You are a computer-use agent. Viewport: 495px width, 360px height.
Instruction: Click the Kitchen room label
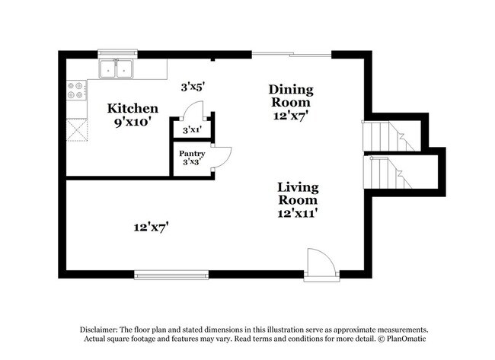pos(133,109)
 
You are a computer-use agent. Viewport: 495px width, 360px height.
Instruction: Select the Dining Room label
pos(291,96)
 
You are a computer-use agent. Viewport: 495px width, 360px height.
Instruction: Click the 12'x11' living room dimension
pos(298,214)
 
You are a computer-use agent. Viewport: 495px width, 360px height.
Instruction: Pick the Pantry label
pos(192,154)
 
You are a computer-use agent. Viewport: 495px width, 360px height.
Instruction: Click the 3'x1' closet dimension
pos(192,130)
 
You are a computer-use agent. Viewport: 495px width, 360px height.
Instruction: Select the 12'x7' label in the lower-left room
pos(151,226)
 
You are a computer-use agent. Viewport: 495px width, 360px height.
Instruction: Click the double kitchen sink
pos(117,70)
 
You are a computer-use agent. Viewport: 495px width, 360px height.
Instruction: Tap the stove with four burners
pos(75,91)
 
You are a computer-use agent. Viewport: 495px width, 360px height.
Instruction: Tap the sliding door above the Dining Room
pos(291,54)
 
